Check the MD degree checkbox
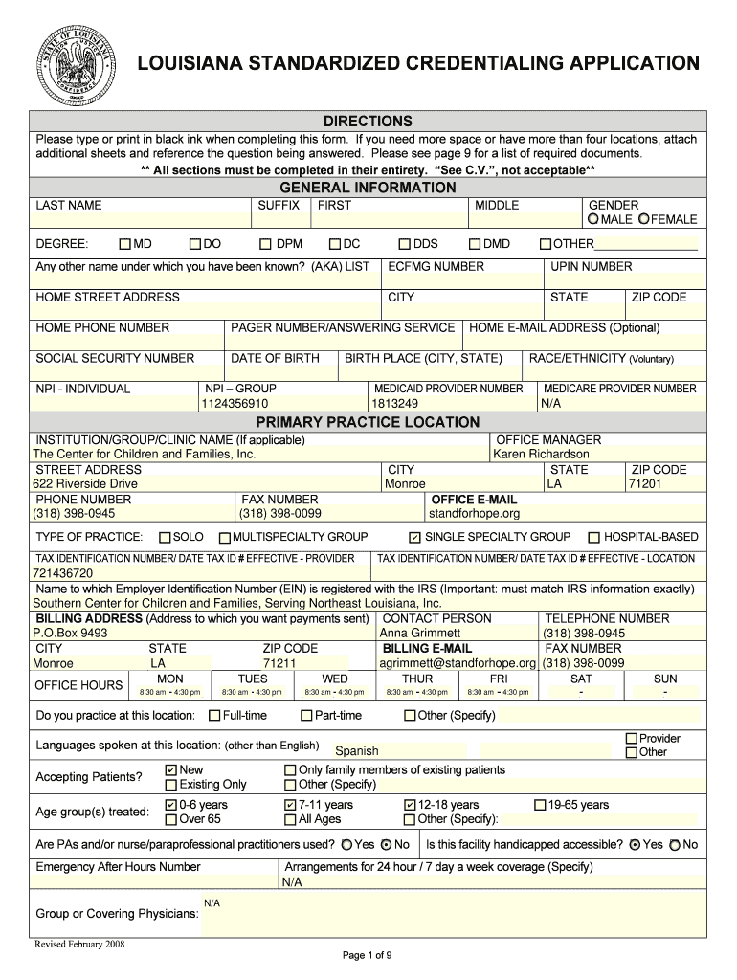click(x=125, y=244)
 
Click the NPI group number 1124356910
click(x=234, y=404)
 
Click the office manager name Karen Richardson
click(x=541, y=454)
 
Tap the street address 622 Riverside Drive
click(x=85, y=484)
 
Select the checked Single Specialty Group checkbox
click(x=414, y=538)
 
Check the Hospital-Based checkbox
click(x=594, y=538)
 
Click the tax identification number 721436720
click(x=63, y=573)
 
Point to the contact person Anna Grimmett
click(x=420, y=633)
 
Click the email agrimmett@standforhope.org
click(x=458, y=663)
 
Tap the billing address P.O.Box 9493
click(x=70, y=633)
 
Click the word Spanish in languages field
click(x=356, y=751)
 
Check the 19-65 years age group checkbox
click(x=539, y=805)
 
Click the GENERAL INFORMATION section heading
click(x=367, y=188)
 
